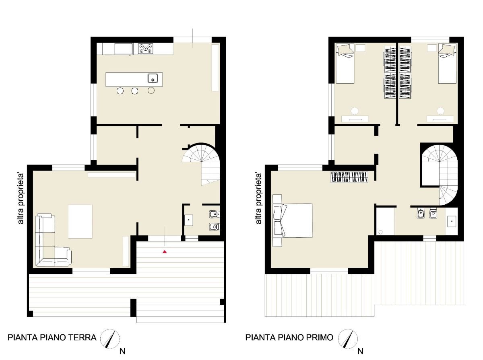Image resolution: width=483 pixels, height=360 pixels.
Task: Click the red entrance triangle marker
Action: pos(165,252)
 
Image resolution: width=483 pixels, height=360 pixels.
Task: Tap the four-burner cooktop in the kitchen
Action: pos(145,49)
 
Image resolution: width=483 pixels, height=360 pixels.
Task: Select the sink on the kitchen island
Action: pos(153,78)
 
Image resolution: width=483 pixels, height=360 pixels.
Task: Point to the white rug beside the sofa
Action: pos(80,221)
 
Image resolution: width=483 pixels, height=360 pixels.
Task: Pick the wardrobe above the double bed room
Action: pos(349,177)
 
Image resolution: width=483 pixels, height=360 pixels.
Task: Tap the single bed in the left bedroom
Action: pos(345,64)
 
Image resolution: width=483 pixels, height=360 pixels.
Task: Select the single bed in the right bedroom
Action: pos(447,64)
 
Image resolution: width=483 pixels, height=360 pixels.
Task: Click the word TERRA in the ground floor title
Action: pos(83,337)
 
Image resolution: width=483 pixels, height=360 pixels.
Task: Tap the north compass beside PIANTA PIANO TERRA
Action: pos(110,339)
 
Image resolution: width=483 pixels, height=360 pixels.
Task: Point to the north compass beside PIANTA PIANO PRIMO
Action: pos(348,339)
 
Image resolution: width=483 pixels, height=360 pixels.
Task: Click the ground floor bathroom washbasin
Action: pos(189,220)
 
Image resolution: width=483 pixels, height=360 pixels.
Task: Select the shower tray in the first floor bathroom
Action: pos(385,221)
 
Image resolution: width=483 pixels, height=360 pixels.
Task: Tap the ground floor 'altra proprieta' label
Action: pos(21,199)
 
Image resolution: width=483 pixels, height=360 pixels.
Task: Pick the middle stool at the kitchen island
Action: pos(135,91)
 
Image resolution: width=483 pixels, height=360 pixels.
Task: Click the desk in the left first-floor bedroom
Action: pos(355,119)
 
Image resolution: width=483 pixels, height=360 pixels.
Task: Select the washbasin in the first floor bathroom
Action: pos(452,222)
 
